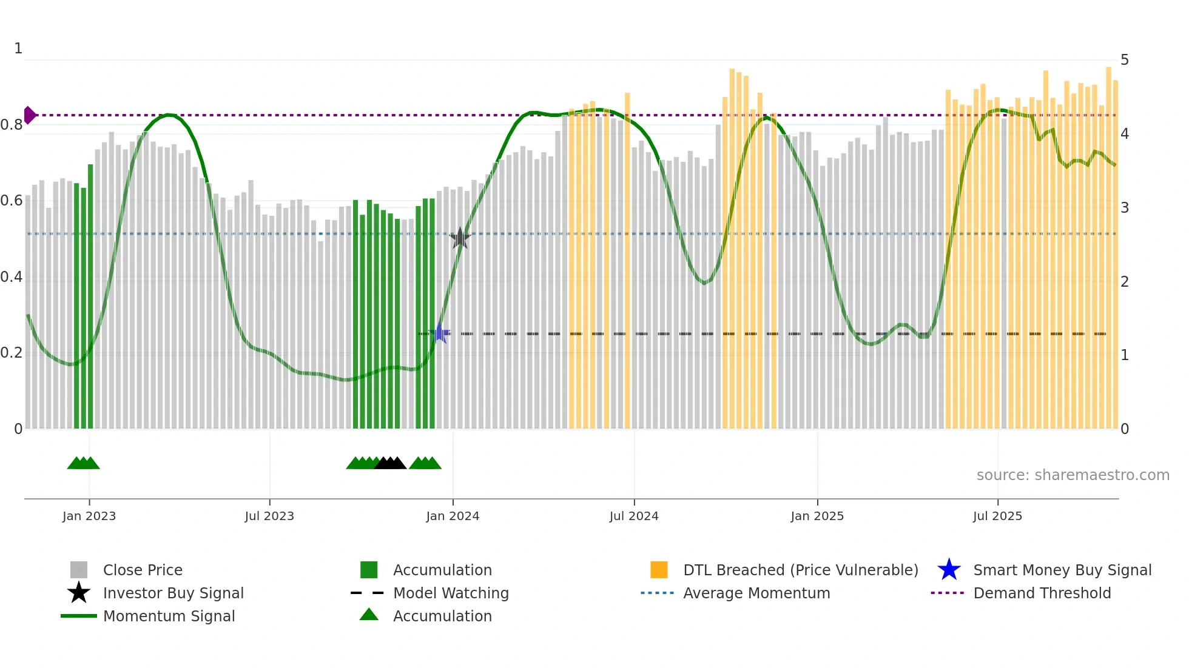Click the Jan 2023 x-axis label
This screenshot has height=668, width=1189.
click(x=89, y=516)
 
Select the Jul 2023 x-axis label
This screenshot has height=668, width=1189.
click(x=269, y=516)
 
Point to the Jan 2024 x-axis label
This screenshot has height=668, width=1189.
click(x=453, y=516)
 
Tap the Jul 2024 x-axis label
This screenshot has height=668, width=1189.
click(x=634, y=516)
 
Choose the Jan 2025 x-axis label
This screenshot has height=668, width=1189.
click(x=817, y=516)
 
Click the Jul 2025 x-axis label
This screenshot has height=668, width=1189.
click(x=997, y=516)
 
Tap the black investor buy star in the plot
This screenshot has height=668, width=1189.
click(x=460, y=238)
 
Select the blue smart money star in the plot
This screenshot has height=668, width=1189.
click(x=439, y=333)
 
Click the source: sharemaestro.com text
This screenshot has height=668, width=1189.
click(x=1073, y=475)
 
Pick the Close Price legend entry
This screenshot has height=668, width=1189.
click(x=143, y=570)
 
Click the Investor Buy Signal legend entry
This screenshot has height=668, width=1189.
click(x=173, y=593)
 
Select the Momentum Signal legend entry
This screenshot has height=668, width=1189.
click(x=169, y=616)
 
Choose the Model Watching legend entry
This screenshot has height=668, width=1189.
click(x=451, y=593)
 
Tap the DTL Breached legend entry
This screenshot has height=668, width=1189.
click(x=800, y=570)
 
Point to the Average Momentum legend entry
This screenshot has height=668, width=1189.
click(x=756, y=593)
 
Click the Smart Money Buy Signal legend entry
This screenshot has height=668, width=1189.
click(x=1062, y=570)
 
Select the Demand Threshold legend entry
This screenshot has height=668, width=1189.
click(x=1042, y=593)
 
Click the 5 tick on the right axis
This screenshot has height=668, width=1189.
click(x=1125, y=60)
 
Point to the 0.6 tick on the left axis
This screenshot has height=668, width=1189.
click(x=12, y=201)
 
